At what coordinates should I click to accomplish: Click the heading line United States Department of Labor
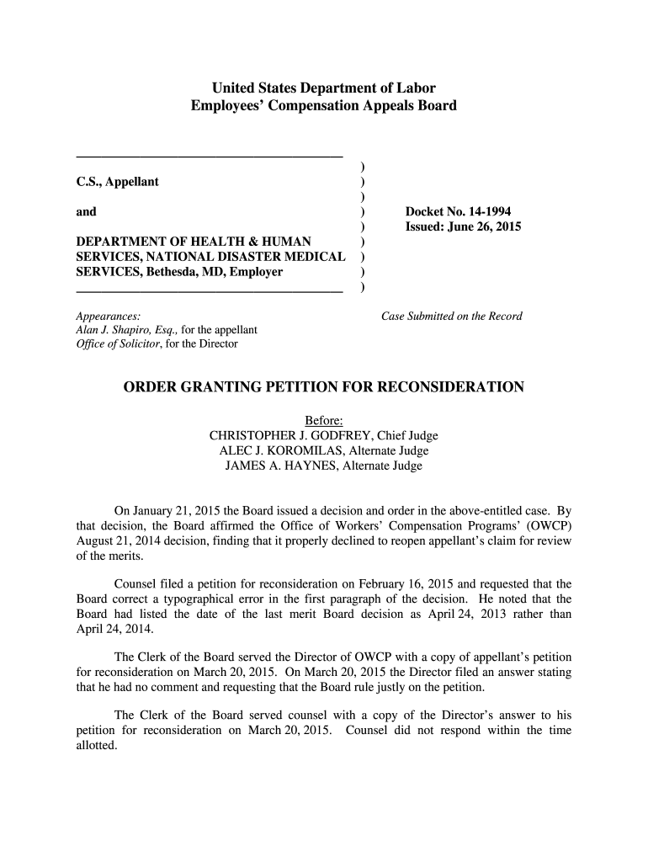pos(323,88)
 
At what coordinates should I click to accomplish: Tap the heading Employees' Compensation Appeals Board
pos(323,105)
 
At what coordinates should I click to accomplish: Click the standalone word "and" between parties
pos(86,212)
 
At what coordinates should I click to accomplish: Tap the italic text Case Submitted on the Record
pos(452,317)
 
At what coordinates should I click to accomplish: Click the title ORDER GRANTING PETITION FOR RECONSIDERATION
pos(324,387)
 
